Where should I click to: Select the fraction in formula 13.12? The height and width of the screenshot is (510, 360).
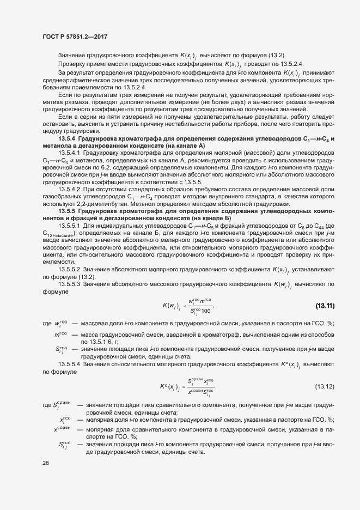click(x=201, y=387)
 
